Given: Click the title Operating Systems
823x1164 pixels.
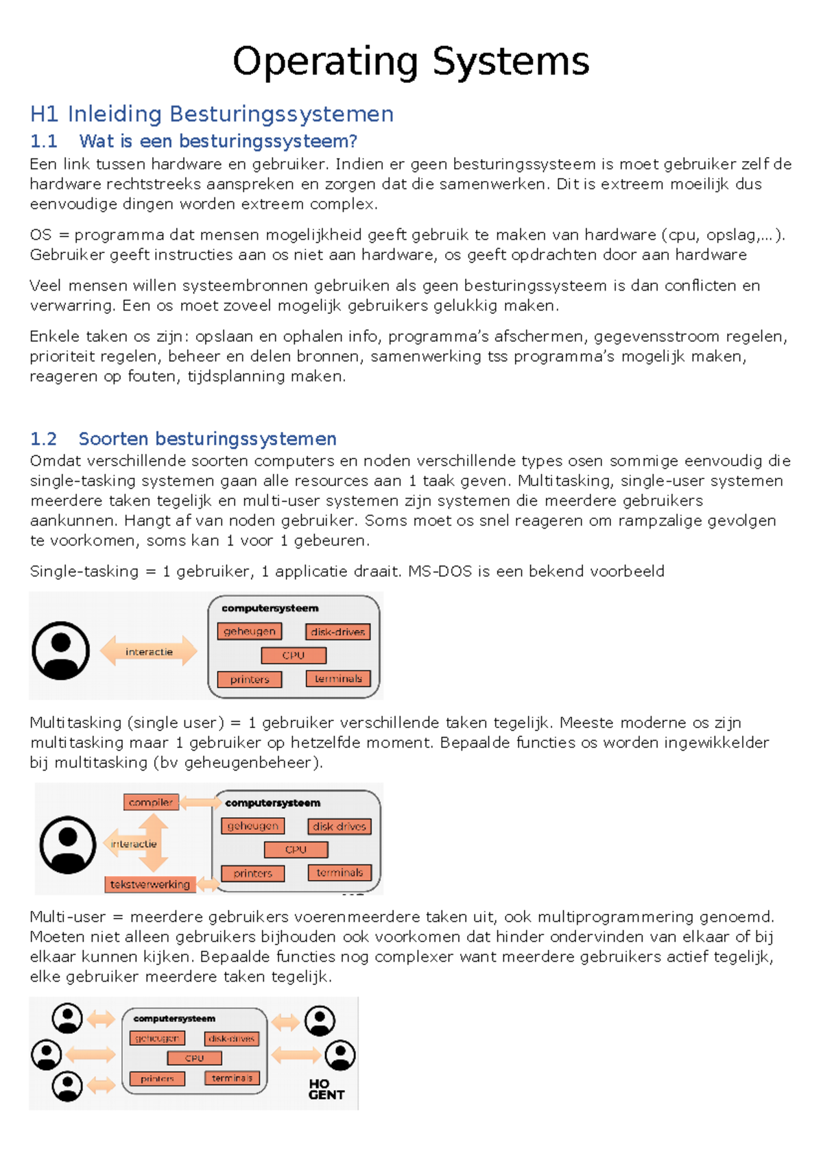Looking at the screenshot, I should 411,62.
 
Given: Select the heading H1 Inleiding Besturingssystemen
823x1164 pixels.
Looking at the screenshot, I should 212,114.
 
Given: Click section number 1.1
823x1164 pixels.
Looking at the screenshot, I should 43,141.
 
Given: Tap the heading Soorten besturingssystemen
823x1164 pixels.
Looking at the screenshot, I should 207,439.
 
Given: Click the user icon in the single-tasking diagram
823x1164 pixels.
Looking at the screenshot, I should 61,651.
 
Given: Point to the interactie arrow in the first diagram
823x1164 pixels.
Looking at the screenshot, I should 149,651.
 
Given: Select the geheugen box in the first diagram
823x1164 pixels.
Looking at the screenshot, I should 249,631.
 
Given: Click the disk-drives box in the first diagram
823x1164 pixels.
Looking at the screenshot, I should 337,631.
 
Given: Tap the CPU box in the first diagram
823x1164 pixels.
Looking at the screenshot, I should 294,655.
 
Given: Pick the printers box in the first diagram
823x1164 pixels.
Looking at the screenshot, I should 250,679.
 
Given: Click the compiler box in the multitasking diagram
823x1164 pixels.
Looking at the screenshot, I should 151,802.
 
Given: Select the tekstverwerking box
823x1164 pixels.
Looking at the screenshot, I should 150,884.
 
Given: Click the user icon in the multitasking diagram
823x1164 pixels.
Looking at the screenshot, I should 68,844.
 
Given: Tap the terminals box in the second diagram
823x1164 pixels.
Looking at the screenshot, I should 339,873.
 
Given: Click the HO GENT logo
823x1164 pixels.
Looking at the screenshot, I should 326,1089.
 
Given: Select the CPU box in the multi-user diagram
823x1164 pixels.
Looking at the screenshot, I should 195,1058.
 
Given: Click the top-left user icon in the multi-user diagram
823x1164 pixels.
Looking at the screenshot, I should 67,1018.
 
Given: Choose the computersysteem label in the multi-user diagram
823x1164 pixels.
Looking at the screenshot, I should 174,1019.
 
